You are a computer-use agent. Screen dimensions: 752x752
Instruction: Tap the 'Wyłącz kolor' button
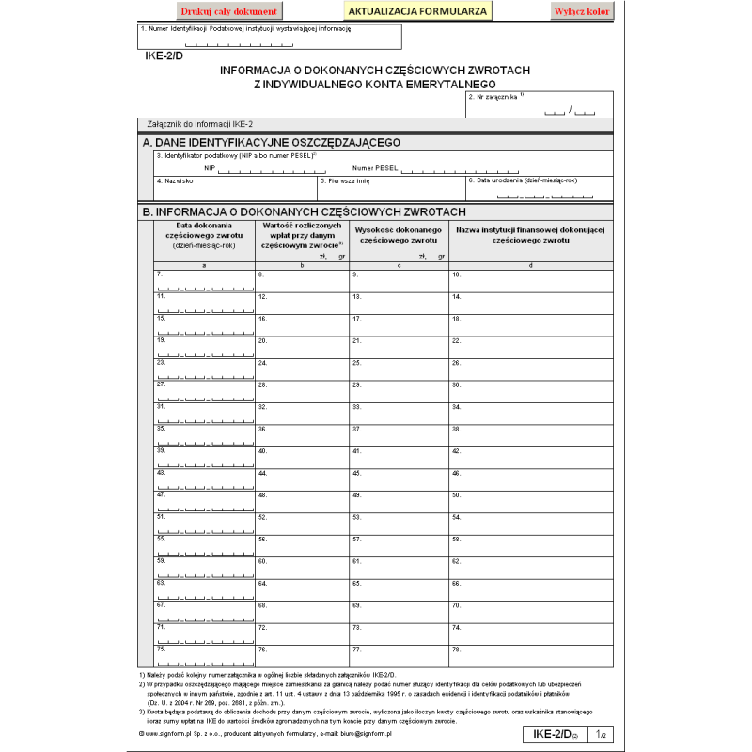click(582, 12)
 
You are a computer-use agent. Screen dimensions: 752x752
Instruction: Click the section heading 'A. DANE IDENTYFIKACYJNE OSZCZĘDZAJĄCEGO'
click(272, 143)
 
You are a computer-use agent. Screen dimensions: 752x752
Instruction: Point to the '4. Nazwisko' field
click(235, 189)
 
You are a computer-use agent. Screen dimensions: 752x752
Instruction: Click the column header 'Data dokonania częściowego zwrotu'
click(204, 236)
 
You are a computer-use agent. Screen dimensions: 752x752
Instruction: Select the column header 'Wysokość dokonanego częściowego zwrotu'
click(398, 236)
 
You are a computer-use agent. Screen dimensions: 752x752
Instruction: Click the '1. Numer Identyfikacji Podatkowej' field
click(270, 37)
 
